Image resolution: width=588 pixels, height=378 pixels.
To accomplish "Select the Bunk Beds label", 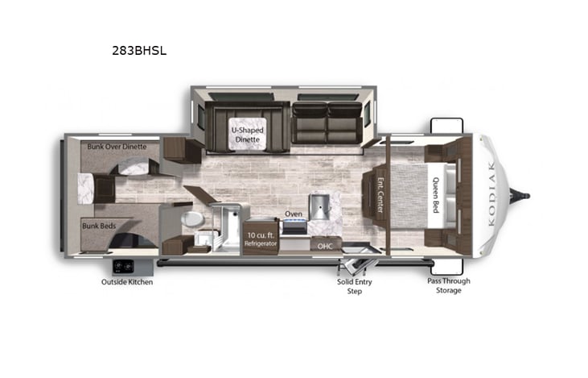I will coord(99,226).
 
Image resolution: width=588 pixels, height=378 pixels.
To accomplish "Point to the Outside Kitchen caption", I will coord(127,282).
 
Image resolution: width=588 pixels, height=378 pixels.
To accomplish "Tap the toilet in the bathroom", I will coord(193,219).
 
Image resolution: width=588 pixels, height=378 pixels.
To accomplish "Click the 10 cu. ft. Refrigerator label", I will coord(261,238).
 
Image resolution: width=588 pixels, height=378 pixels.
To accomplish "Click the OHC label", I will coord(324,245).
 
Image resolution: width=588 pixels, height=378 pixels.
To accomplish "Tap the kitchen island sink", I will coord(319,206).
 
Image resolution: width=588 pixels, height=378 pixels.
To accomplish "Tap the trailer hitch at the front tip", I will coord(525,193).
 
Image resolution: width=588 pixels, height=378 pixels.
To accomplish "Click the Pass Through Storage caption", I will coord(448,285).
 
